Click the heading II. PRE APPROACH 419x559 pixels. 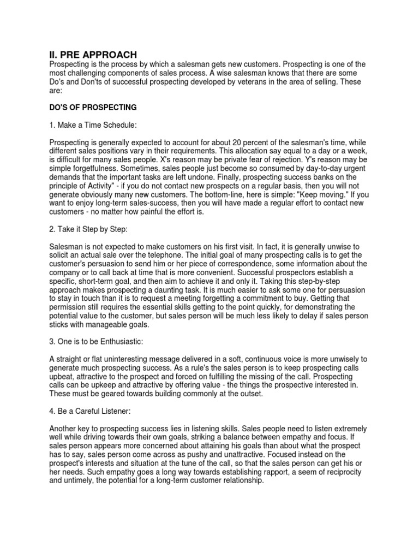coord(90,54)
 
